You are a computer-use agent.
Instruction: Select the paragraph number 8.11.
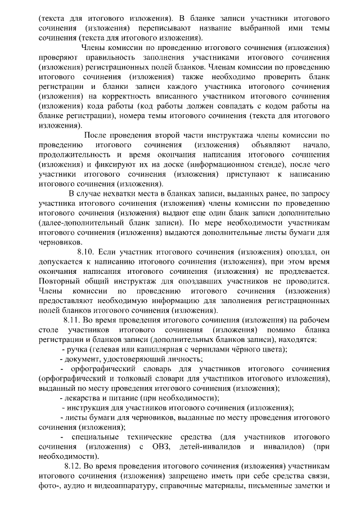click(74, 320)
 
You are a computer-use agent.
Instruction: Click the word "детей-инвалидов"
click(207, 447)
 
